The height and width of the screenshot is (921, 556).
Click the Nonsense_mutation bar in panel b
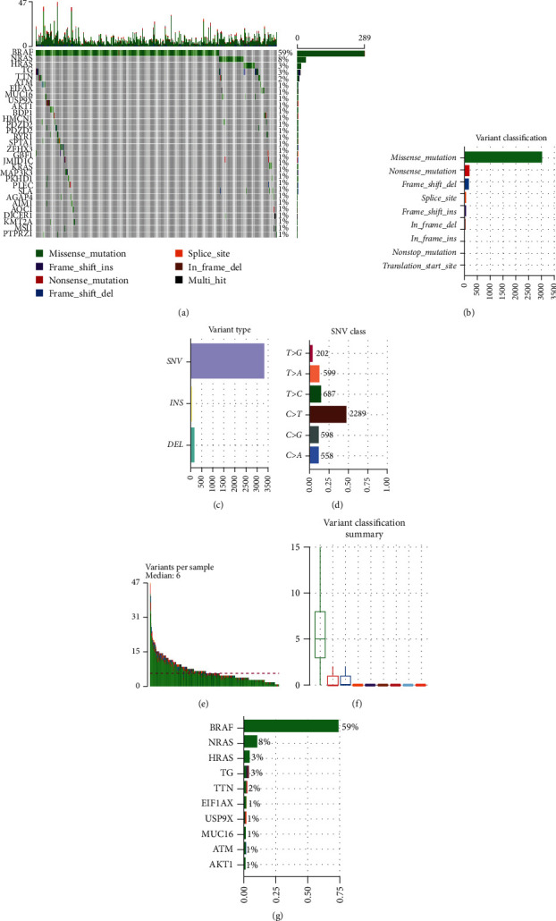click(467, 170)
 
